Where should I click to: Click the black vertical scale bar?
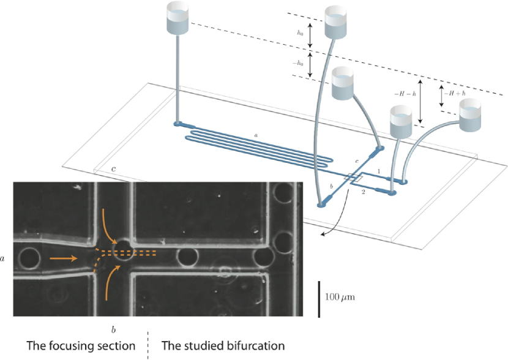pyautogui.click(x=318, y=299)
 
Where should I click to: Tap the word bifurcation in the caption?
pyautogui.click(x=252, y=346)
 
